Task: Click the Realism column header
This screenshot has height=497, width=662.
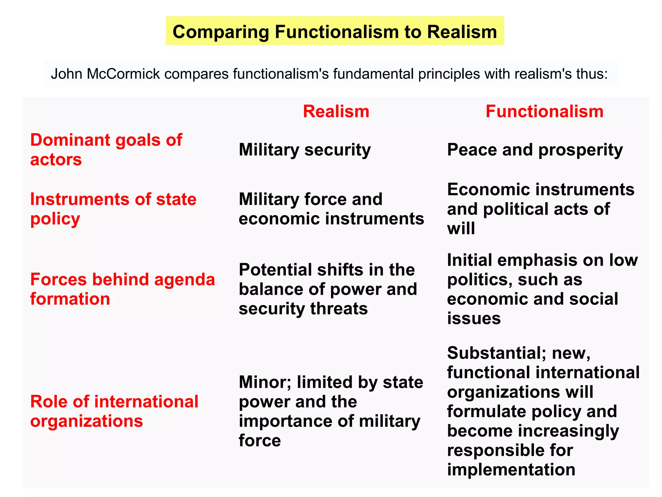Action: [x=336, y=112]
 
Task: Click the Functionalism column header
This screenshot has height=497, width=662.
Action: [x=544, y=112]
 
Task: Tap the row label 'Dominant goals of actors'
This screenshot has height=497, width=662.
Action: [x=106, y=149]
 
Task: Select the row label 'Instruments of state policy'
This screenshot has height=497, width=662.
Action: [x=113, y=209]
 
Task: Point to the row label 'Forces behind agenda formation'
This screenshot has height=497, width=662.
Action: [x=122, y=289]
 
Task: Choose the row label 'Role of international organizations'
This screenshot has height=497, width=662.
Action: [x=114, y=411]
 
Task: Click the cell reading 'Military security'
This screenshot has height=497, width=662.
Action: [x=304, y=150]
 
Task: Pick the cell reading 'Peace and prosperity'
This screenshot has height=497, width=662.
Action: [x=535, y=150]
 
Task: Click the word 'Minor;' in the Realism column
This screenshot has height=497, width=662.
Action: [x=264, y=382]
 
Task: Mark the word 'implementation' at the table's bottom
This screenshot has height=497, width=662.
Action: [x=511, y=469]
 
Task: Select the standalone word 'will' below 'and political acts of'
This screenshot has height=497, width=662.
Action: [x=461, y=228]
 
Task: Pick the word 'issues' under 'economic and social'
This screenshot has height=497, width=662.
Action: [x=474, y=318]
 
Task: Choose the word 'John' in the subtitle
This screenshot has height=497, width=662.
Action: [x=66, y=74]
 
